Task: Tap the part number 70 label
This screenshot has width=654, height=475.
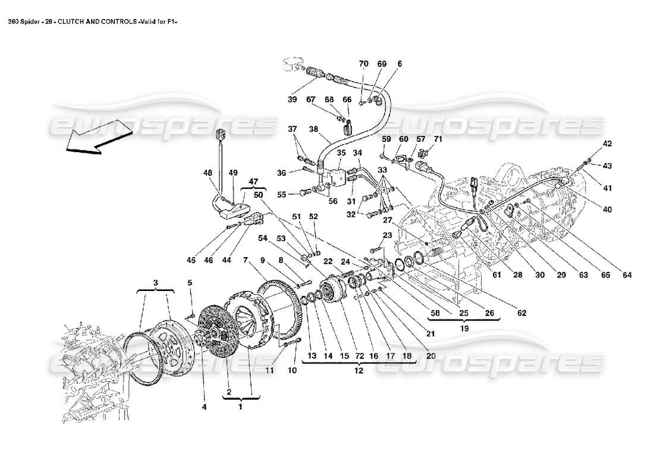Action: pyautogui.click(x=363, y=64)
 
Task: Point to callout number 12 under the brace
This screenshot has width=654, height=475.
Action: pyautogui.click(x=359, y=369)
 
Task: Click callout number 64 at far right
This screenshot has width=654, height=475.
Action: pyautogui.click(x=627, y=275)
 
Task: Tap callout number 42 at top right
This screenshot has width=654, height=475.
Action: pyautogui.click(x=607, y=144)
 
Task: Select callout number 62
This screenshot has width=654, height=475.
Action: pyautogui.click(x=522, y=313)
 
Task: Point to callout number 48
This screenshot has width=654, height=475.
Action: pyautogui.click(x=207, y=173)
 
